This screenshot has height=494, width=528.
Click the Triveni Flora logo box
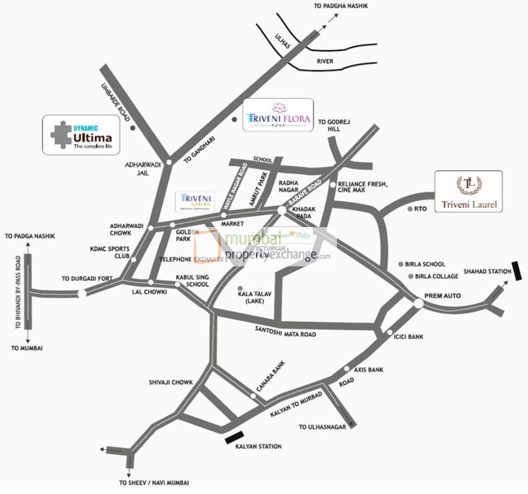coord(278,115)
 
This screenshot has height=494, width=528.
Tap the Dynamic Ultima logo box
coord(81,135)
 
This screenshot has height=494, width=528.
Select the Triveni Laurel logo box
coord(468,191)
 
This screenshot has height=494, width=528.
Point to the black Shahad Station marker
coord(517,270)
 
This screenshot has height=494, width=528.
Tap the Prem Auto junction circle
coord(418,304)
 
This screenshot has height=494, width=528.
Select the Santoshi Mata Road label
coord(285,334)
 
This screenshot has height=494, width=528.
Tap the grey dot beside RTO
coord(410,209)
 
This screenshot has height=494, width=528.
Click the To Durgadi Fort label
coord(86,279)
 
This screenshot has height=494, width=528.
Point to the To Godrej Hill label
coord(334,125)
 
